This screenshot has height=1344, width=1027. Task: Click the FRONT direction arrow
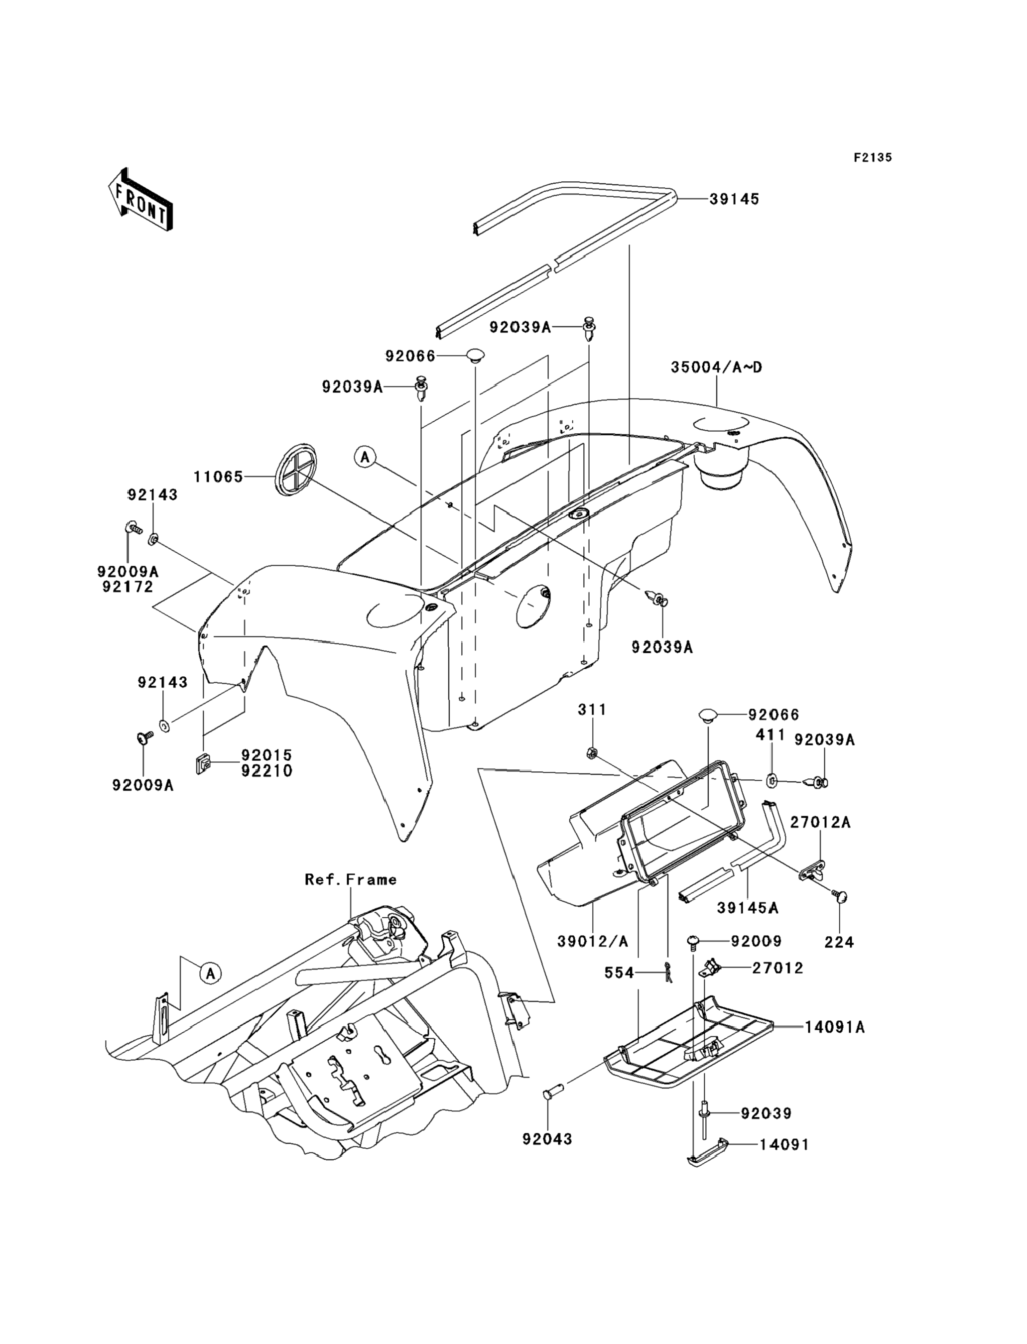coord(139,200)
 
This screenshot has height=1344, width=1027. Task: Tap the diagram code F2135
coord(873,158)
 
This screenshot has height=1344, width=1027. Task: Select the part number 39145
coord(734,199)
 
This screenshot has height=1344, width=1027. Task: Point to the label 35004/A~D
coord(716,368)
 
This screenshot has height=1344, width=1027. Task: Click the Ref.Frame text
coord(351,879)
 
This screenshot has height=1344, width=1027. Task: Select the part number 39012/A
coord(592,942)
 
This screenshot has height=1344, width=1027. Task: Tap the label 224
coord(839,943)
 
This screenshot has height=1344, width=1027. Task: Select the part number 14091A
coord(834,1027)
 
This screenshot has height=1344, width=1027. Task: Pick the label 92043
coord(547,1139)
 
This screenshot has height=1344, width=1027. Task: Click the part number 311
coord(592,710)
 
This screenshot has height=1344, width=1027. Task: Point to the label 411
coord(770,735)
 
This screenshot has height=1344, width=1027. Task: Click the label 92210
coord(266,771)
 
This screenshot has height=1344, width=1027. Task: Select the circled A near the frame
coord(210,973)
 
